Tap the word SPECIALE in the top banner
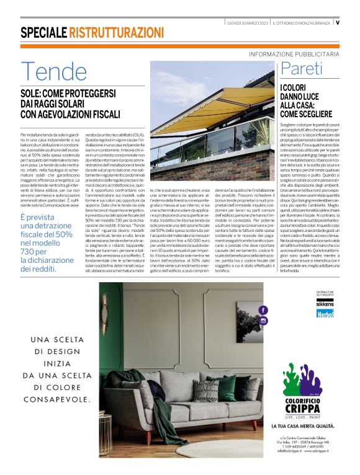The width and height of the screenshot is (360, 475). [x=43, y=32]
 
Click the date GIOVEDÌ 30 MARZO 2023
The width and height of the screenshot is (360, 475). [x=247, y=22]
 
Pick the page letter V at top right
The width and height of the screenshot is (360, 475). [x=337, y=22]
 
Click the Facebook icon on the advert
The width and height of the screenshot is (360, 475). [x=263, y=309]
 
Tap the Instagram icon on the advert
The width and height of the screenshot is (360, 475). [x=263, y=321]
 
